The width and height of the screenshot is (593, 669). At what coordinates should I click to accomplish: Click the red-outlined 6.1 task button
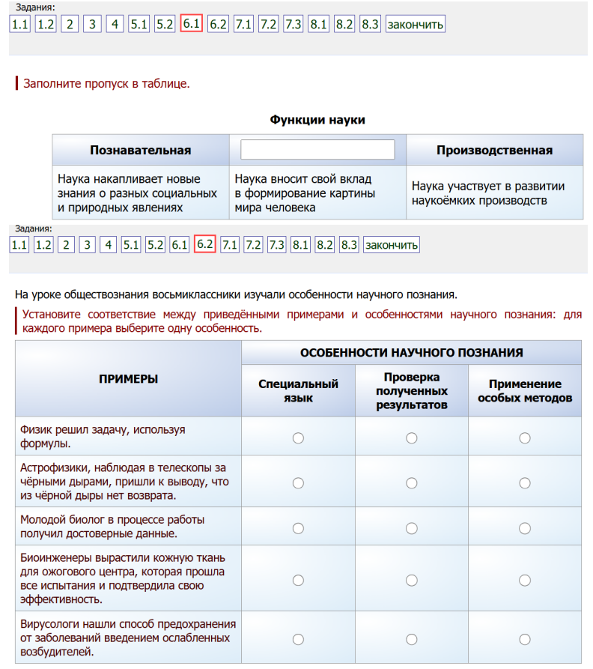point(192,24)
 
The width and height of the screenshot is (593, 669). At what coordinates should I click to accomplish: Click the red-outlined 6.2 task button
point(204,243)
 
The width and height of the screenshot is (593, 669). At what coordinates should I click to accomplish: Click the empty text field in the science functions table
point(317,150)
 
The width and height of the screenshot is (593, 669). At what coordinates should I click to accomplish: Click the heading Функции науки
point(317,120)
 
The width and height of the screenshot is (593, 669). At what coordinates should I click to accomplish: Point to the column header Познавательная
point(141,150)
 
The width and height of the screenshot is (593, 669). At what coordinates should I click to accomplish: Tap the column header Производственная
point(495,150)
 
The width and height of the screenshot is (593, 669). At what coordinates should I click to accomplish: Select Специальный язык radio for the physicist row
point(298,438)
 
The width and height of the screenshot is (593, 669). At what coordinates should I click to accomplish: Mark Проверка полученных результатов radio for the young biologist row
point(411,528)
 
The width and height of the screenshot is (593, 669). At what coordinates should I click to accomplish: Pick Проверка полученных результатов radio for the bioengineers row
point(411,580)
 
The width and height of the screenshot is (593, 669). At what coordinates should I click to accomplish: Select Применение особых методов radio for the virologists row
point(525,639)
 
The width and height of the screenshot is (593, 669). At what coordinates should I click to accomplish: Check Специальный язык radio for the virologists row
point(298,639)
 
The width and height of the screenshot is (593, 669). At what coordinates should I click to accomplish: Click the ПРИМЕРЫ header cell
point(128,379)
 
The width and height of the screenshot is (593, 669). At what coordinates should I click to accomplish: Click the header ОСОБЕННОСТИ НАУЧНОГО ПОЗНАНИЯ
point(411,352)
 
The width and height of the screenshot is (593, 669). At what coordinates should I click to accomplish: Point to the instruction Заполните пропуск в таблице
point(107,83)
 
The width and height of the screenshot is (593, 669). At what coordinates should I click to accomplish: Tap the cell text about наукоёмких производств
point(488,193)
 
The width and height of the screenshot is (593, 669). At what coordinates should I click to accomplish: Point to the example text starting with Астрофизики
point(124,482)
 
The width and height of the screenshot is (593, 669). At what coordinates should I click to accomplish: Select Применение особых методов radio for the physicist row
point(525,438)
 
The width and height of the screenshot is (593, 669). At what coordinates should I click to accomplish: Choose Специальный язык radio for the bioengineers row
point(298,580)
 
